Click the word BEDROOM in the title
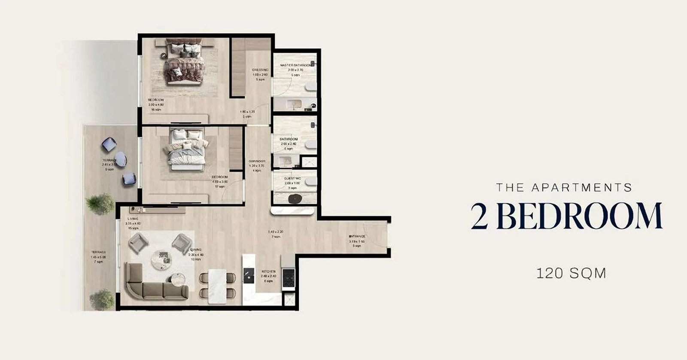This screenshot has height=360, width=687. [581, 217]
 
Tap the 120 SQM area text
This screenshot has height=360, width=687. [571, 273]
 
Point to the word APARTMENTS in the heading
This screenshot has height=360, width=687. [581, 188]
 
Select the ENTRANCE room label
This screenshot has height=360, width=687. [357, 236]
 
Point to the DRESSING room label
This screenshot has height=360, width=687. [260, 70]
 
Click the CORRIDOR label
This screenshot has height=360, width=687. [257, 162]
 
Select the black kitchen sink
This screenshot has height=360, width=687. [249, 275]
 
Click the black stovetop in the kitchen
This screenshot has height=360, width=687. [288, 277]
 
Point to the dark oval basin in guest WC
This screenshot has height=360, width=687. [295, 198]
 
